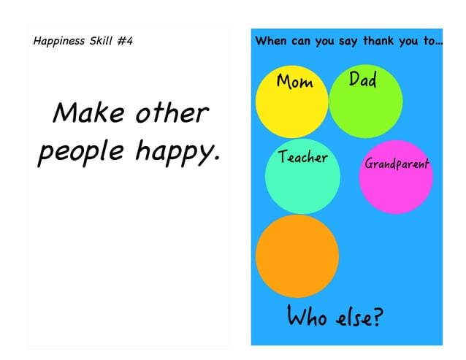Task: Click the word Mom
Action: [x=295, y=82]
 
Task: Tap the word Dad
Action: [x=362, y=79]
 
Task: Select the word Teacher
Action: [x=303, y=157]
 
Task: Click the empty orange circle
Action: [x=297, y=256]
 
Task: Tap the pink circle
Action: [x=396, y=186]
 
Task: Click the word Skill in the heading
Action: [x=100, y=40]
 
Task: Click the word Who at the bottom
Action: [x=307, y=318]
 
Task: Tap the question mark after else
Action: [x=376, y=318]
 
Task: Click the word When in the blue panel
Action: [x=271, y=41]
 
